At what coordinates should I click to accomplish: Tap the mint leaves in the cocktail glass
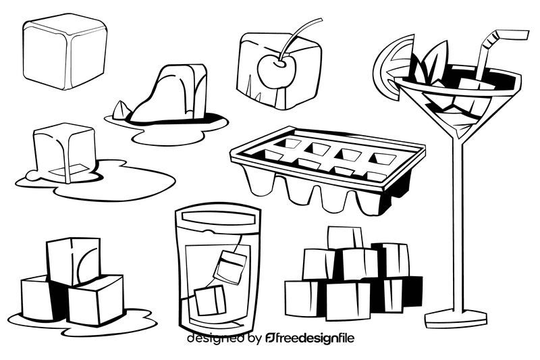430,64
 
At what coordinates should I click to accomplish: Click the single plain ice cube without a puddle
65,52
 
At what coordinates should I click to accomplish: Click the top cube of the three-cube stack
72,260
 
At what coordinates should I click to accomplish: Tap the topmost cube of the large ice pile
344,237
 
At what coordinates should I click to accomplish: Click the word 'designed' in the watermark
214,338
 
